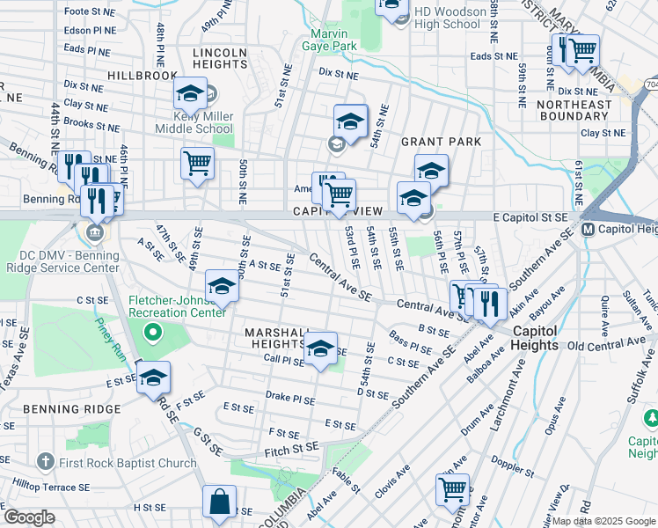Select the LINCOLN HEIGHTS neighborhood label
click(220, 59)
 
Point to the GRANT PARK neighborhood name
click(441, 142)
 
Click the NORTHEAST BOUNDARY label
click(574, 110)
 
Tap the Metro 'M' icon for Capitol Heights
click(589, 230)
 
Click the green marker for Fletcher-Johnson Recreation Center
click(153, 333)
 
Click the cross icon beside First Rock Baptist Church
click(47, 462)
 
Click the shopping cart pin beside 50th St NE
click(197, 162)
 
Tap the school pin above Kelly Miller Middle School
click(190, 93)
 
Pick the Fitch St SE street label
click(290, 450)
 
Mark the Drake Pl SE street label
click(289, 398)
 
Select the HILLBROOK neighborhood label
click(143, 77)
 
